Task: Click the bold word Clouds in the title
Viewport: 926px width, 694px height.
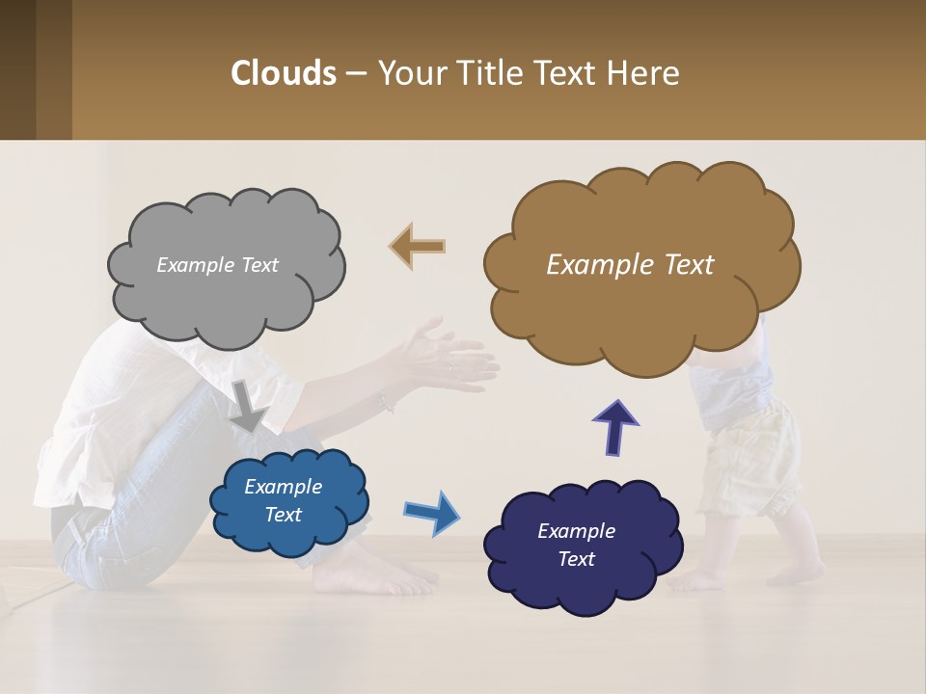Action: pyautogui.click(x=284, y=73)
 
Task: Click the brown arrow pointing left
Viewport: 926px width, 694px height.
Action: pyautogui.click(x=418, y=246)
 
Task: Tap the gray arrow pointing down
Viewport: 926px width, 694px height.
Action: pyautogui.click(x=248, y=405)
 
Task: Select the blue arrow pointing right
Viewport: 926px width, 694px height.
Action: pyautogui.click(x=431, y=512)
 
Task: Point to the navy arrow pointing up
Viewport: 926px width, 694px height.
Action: pyautogui.click(x=614, y=427)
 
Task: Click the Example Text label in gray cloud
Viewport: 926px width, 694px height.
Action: pyautogui.click(x=217, y=265)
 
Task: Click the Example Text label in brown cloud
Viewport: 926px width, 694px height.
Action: pyautogui.click(x=630, y=265)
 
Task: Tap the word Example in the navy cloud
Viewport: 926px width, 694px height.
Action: pyautogui.click(x=576, y=531)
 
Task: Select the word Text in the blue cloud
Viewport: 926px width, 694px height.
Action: pyautogui.click(x=284, y=515)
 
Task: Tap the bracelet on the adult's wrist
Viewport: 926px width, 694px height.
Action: pyautogui.click(x=387, y=403)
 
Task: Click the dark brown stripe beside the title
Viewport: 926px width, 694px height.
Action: pyautogui.click(x=17, y=69)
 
